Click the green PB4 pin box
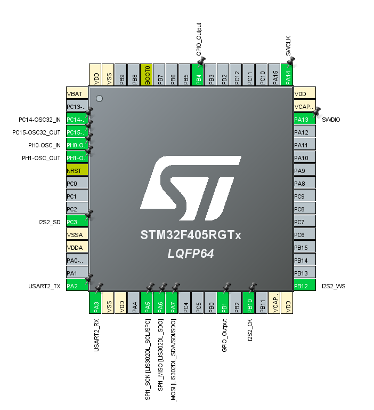198,75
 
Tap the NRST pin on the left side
76,171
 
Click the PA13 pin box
304,119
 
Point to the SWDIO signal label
331,120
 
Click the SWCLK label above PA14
288,45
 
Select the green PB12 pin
304,286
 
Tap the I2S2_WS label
334,287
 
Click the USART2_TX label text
45,287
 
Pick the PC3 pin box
76,222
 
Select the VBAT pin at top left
76,93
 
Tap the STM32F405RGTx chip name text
190,235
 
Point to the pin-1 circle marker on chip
99,98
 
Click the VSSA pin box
76,234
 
